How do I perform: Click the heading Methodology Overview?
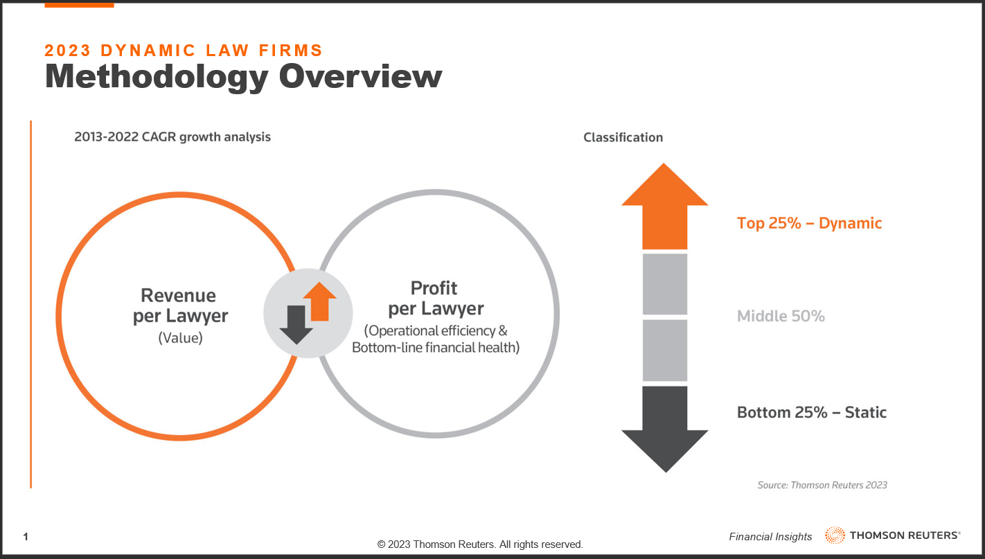[243, 77]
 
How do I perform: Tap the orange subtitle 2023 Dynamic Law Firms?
[184, 50]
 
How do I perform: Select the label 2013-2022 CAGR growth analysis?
[172, 136]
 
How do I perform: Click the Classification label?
[623, 137]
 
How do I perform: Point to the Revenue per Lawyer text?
[180, 305]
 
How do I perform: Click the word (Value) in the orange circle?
[180, 338]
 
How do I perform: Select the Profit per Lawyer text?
[436, 298]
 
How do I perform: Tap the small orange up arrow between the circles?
[320, 302]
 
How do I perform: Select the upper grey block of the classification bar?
[665, 284]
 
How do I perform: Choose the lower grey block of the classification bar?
[665, 351]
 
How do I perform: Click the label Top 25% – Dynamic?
[809, 224]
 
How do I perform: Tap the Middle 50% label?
[781, 316]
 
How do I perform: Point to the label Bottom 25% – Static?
[812, 413]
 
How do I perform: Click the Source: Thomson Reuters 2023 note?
[822, 485]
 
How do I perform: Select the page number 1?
[26, 537]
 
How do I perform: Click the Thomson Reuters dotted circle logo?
[835, 535]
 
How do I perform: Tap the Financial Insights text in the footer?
[770, 537]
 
